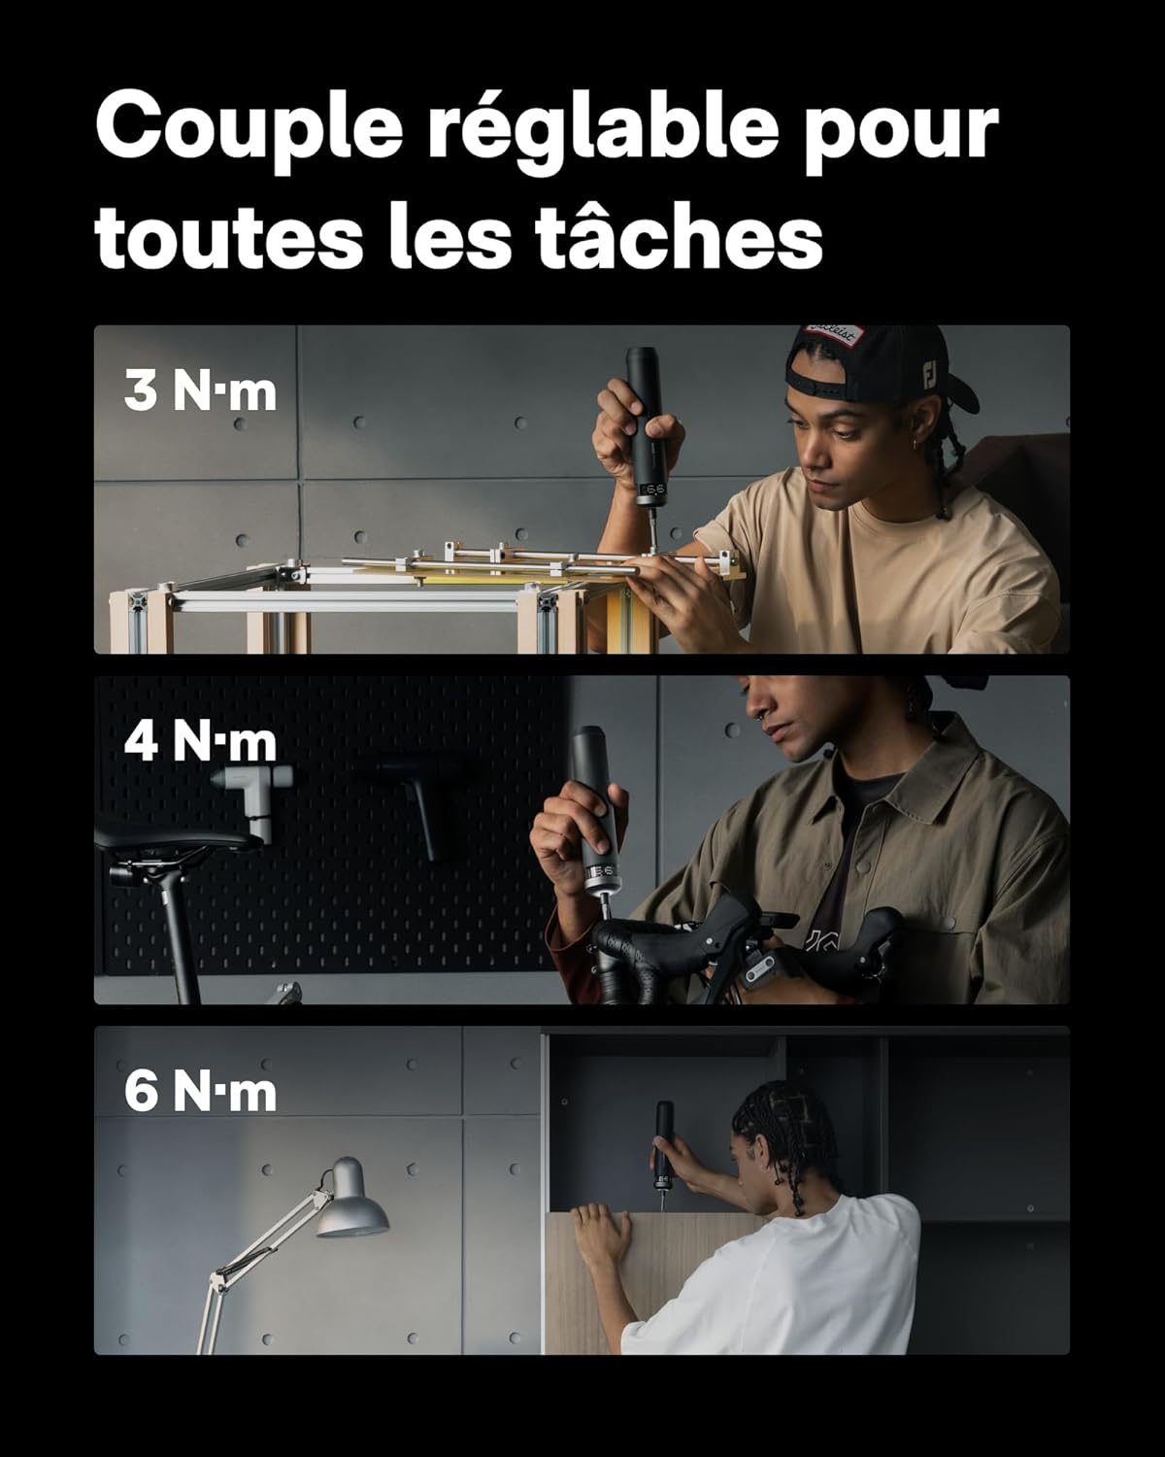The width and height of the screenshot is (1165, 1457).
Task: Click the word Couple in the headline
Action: [249, 129]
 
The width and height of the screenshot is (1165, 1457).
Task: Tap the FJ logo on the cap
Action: [929, 376]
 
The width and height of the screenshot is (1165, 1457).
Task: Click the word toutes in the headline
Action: [229, 238]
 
